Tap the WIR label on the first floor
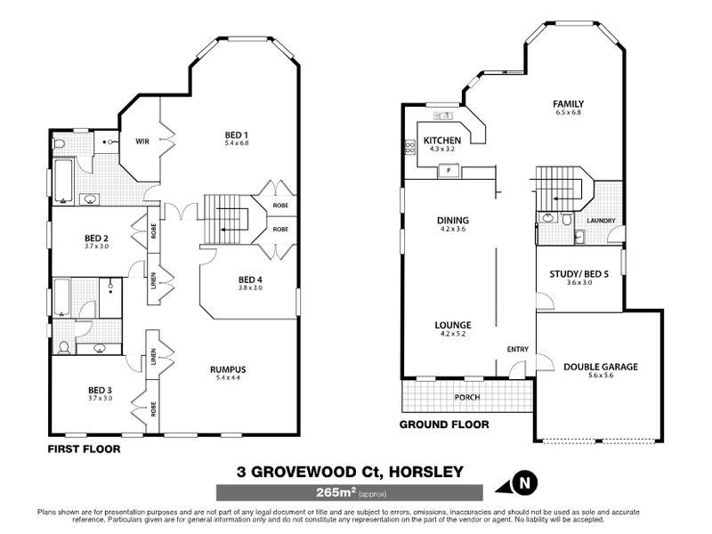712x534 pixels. (x=142, y=142)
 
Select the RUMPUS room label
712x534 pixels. (x=228, y=369)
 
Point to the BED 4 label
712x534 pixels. (x=251, y=279)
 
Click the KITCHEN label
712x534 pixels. (x=441, y=141)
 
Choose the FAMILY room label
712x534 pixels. (x=569, y=104)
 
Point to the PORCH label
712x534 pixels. (x=467, y=397)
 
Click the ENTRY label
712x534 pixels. (x=516, y=349)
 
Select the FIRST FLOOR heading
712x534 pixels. (x=84, y=449)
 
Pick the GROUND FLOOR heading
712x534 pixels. (x=443, y=425)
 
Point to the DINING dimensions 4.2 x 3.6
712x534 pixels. (x=453, y=230)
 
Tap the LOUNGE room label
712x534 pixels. (x=453, y=325)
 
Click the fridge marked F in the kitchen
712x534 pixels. (x=449, y=169)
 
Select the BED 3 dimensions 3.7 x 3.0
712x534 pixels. (x=100, y=398)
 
